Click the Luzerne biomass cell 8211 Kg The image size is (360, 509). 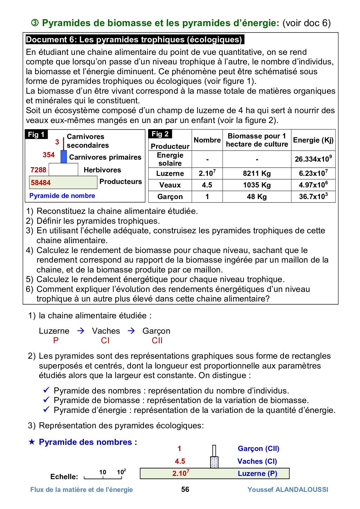click(257, 174)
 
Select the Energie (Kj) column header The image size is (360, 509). click(313, 140)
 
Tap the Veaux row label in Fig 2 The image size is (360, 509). click(170, 185)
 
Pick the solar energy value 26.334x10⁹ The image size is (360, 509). click(313, 159)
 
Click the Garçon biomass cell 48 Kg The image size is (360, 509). click(257, 197)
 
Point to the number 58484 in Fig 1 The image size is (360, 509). click(41, 183)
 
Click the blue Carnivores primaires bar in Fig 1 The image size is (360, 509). click(64, 157)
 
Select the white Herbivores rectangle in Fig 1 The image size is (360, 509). click(63, 169)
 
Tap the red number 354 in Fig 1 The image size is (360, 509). click(48, 155)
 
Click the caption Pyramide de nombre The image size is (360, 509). click(62, 196)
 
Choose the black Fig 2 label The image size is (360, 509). click(160, 134)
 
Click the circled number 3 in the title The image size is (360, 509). click(35, 23)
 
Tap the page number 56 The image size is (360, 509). click(185, 490)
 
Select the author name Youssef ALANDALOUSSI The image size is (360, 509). click(288, 490)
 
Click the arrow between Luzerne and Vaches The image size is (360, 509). click(81, 331)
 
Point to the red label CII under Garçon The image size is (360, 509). click(157, 341)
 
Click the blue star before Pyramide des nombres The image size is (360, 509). click(32, 442)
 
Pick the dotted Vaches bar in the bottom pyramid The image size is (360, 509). click(214, 462)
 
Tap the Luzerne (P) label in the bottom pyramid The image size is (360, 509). click(257, 474)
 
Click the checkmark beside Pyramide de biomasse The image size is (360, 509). click(46, 400)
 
